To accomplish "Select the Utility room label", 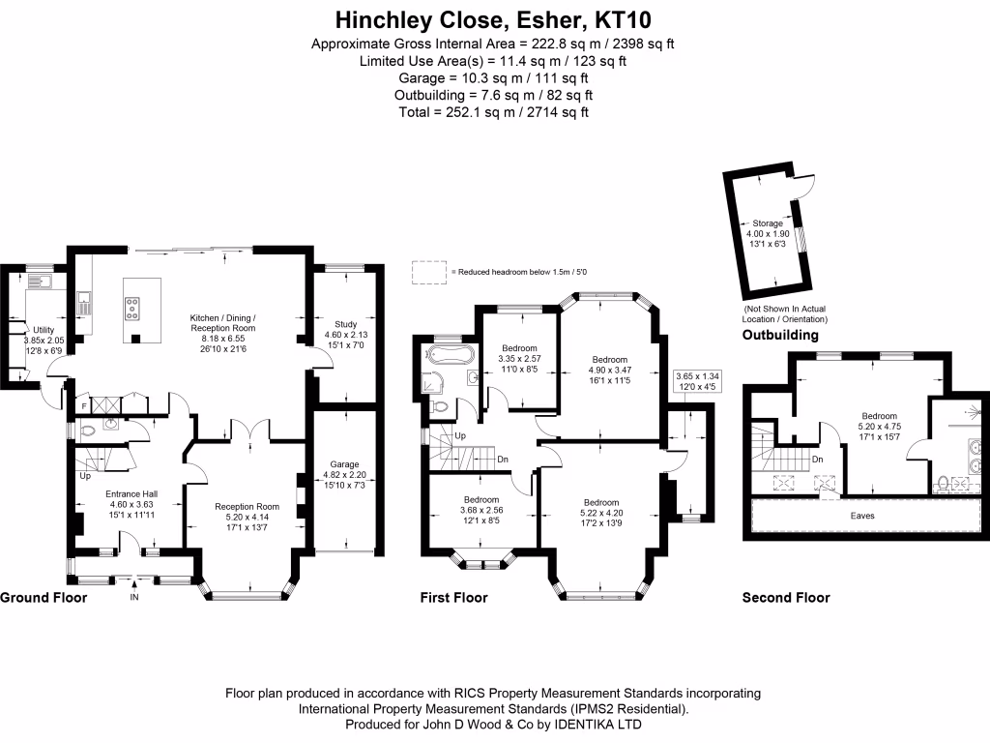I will [44, 330].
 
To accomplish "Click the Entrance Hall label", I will [131, 492].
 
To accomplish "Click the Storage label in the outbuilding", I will [768, 223].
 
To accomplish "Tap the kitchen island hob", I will [131, 309].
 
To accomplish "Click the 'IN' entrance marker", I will [134, 598].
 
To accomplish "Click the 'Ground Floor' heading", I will [44, 598].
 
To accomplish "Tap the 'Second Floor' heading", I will [785, 598].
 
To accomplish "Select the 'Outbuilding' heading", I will [780, 336].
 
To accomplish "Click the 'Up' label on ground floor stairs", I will [86, 477].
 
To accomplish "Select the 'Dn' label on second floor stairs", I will [818, 460].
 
